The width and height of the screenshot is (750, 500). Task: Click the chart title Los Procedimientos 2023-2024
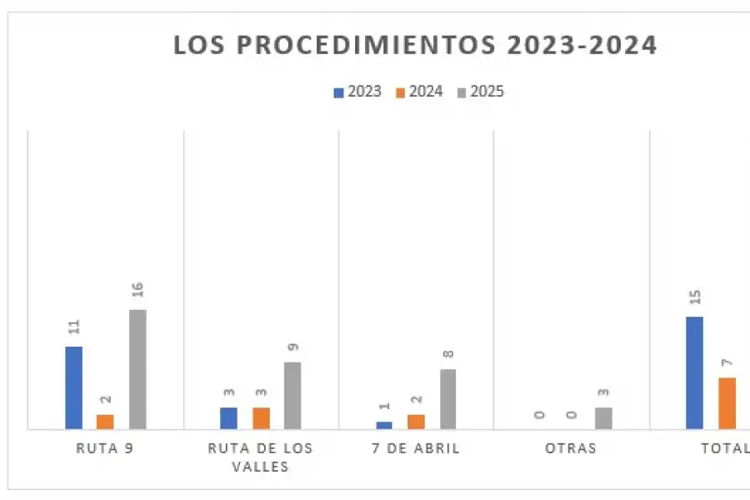(415, 45)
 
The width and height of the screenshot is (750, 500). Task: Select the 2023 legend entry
(358, 92)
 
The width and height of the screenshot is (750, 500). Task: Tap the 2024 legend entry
(420, 92)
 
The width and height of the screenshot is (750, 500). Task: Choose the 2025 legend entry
(481, 92)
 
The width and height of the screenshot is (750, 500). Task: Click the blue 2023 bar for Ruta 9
(74, 387)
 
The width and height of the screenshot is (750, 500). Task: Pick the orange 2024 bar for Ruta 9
(105, 422)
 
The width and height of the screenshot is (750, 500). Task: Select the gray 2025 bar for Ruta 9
(137, 369)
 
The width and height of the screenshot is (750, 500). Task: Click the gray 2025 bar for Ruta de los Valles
(292, 395)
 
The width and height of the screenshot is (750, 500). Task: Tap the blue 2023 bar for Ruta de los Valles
(228, 418)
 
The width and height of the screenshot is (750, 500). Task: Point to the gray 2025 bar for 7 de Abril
(448, 399)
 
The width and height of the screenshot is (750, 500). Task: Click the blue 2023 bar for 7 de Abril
(384, 425)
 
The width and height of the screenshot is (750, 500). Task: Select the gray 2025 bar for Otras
(603, 418)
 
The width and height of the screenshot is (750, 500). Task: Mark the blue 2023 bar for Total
(694, 372)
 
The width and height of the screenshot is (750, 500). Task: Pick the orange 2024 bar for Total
(727, 403)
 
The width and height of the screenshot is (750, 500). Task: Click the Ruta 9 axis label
(105, 448)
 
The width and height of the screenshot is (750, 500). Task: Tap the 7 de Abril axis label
(417, 448)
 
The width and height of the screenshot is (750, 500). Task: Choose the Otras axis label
(571, 448)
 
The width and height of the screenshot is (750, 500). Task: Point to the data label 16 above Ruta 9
(137, 290)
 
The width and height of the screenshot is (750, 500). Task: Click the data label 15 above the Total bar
(695, 297)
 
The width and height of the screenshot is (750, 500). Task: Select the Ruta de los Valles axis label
(260, 457)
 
